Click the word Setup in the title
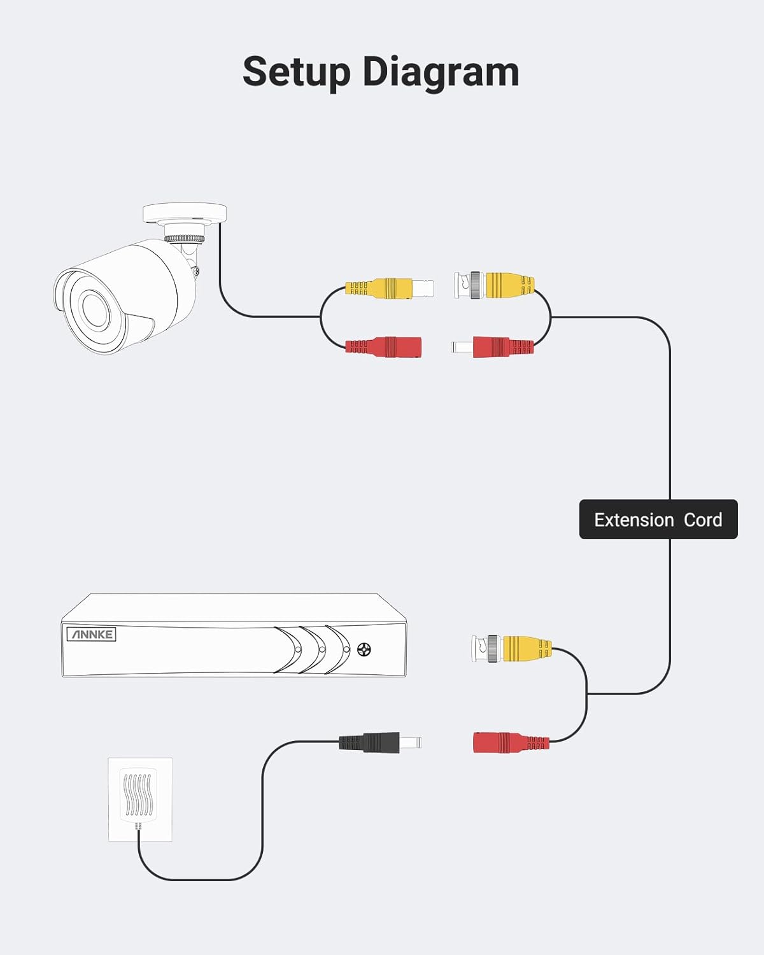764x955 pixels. [297, 71]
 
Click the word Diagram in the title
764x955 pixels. [441, 73]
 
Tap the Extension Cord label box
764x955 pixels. [658, 520]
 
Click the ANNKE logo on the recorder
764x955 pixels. [92, 634]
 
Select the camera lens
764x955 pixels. [94, 309]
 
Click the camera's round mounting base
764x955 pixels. [184, 213]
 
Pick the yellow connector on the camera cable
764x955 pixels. [390, 288]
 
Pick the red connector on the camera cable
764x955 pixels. [383, 346]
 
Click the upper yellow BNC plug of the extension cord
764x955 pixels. [494, 285]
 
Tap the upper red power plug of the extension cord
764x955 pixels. [493, 346]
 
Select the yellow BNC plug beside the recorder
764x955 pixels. [511, 648]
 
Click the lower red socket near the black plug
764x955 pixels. [511, 742]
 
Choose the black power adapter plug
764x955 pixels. [380, 742]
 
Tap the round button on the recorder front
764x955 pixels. [364, 649]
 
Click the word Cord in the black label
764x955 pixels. [703, 520]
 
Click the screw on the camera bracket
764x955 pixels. [195, 271]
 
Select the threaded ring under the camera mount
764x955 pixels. [185, 239]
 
